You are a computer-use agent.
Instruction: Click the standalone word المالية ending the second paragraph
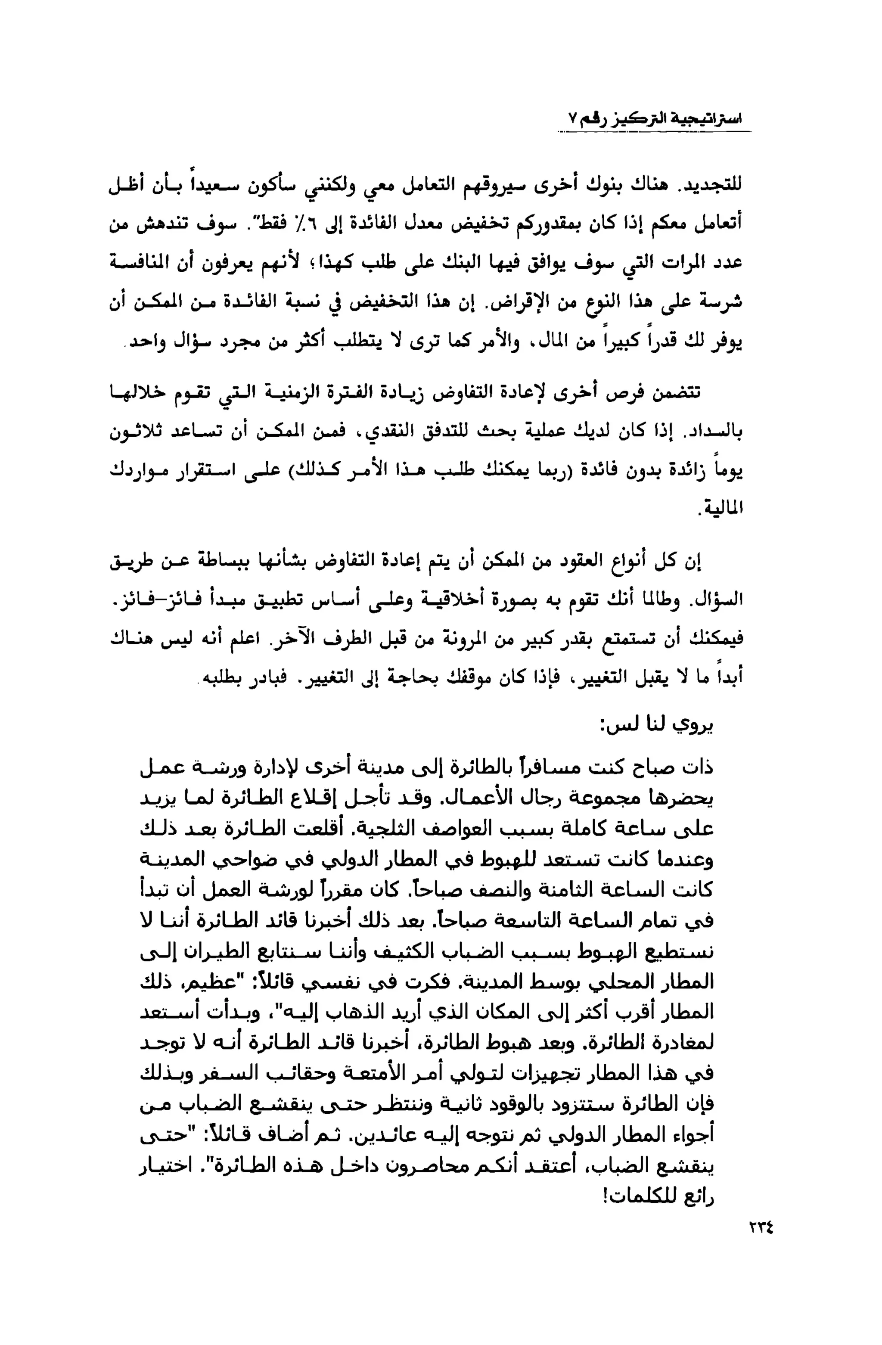pos(720,508)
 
